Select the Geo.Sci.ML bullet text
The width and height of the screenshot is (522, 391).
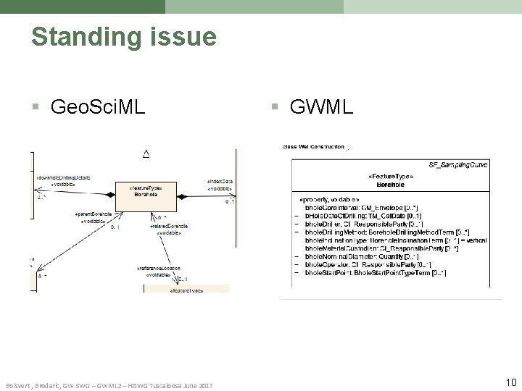click(97, 108)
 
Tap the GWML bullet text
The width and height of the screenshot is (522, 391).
click(321, 108)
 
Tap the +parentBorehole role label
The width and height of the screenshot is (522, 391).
click(94, 215)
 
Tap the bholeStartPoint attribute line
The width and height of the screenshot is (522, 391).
click(375, 273)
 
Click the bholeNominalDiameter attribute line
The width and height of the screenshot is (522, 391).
click(361, 256)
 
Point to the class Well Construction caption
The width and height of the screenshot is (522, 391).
click(313, 147)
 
